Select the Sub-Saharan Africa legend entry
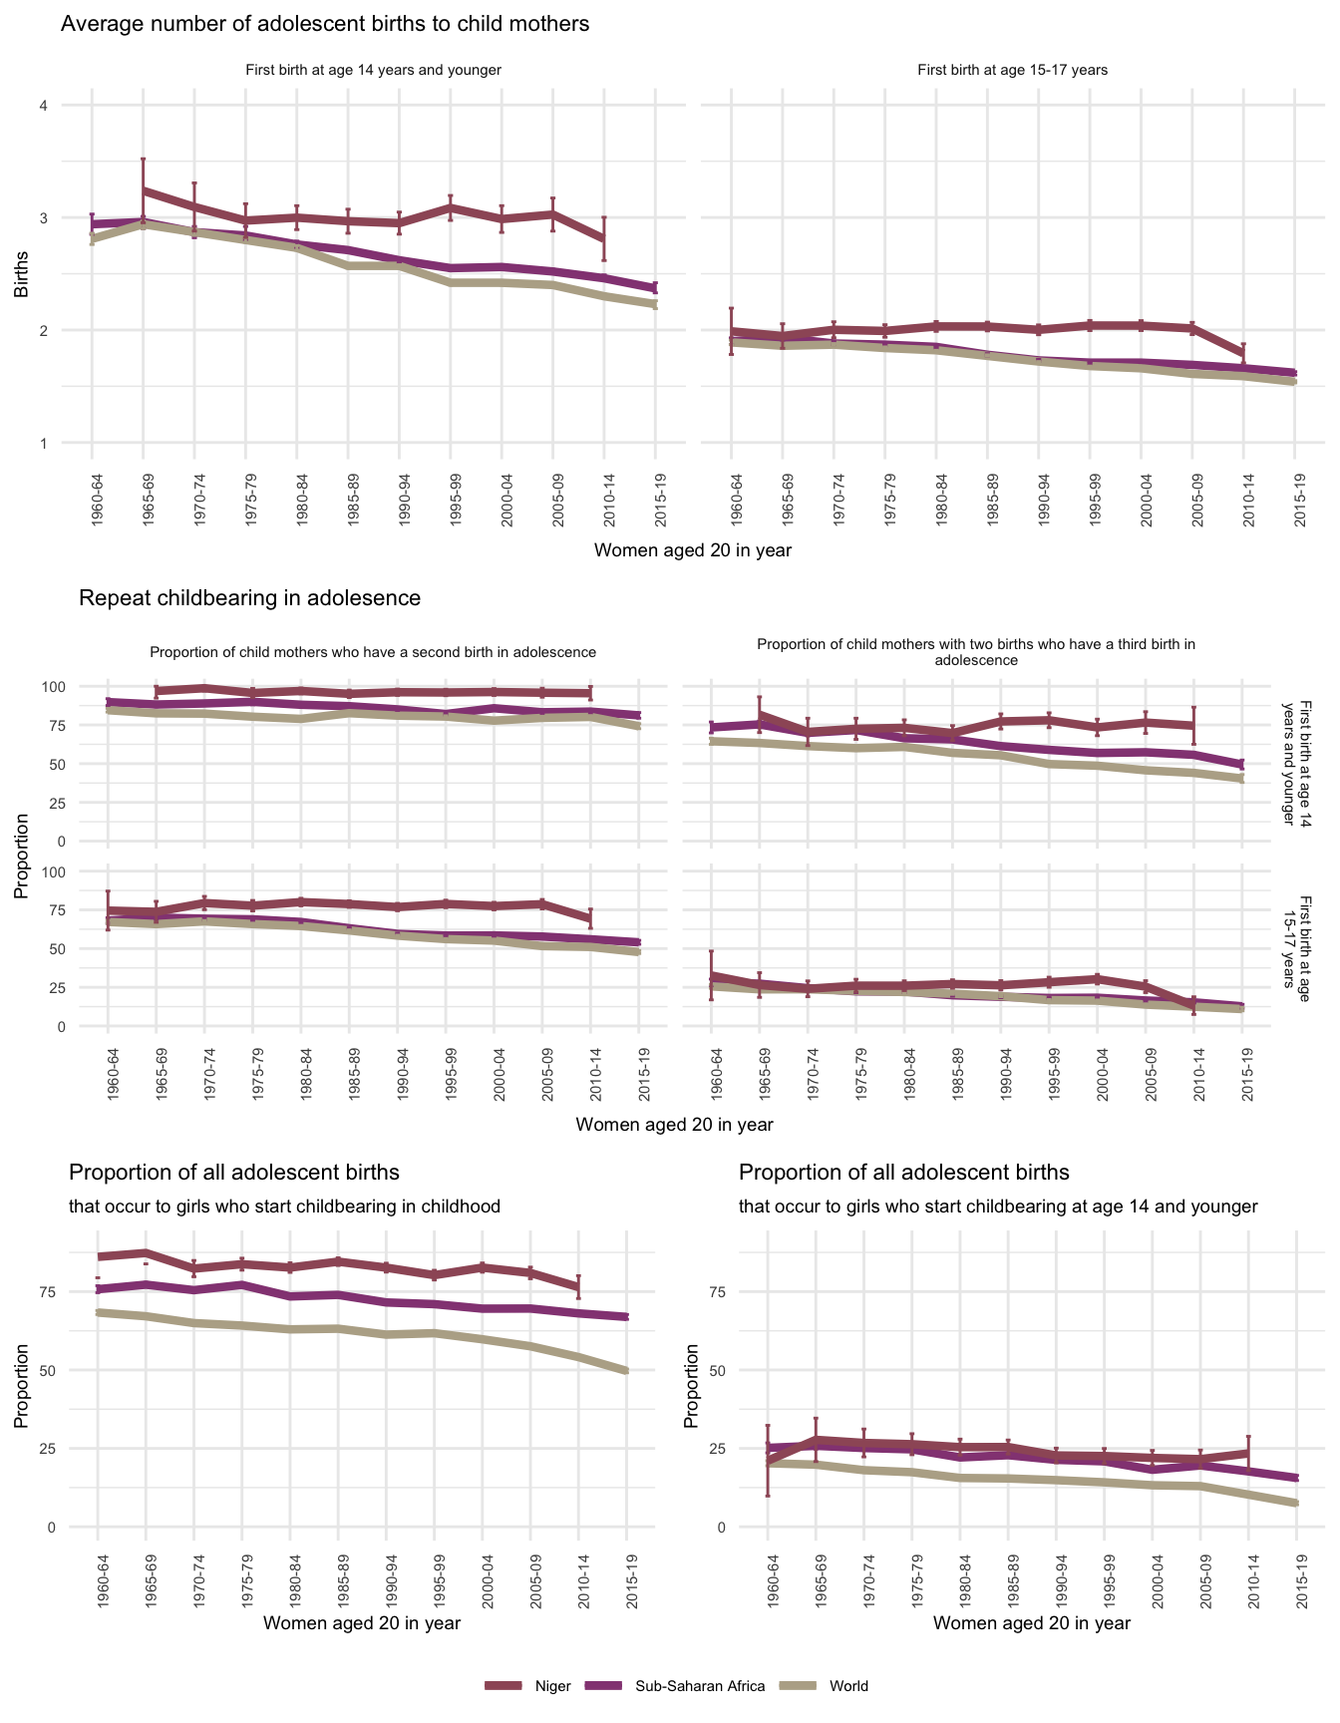(699, 1686)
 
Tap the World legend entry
(848, 1686)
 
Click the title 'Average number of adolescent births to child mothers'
(325, 24)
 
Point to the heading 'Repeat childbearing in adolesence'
(249, 598)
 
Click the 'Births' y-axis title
(21, 274)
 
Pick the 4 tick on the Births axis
(44, 106)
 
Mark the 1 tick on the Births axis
(44, 443)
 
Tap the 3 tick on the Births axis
(44, 217)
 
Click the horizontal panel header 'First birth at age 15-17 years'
(1012, 71)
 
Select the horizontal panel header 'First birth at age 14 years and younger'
(373, 71)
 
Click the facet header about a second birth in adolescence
(373, 652)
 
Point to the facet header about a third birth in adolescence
(976, 652)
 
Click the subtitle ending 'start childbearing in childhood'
(284, 1206)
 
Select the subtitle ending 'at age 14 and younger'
(998, 1206)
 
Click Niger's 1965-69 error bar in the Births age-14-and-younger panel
(144, 189)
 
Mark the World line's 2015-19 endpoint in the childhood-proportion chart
(626, 1371)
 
